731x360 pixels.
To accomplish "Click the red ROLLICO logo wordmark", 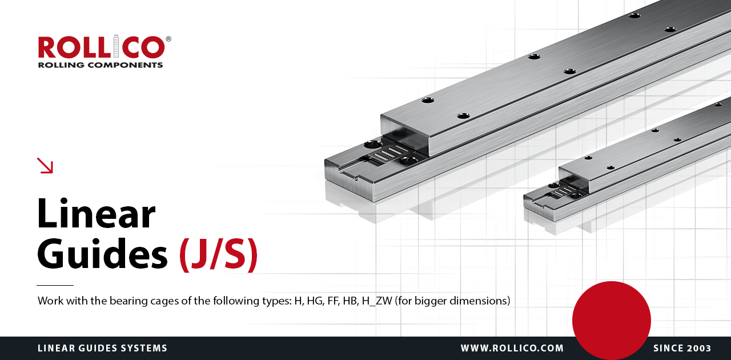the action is click(102, 47).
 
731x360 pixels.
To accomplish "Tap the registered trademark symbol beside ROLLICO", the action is click(168, 39).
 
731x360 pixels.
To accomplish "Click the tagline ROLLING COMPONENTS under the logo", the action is click(101, 65).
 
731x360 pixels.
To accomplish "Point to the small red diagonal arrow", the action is click(45, 165).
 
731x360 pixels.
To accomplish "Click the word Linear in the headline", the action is click(97, 214).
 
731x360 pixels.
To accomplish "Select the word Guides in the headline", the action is click(102, 254).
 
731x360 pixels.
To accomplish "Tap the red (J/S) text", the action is click(219, 254).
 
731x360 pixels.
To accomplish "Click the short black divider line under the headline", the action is click(55, 285).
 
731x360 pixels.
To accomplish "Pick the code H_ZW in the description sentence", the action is click(377, 301).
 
